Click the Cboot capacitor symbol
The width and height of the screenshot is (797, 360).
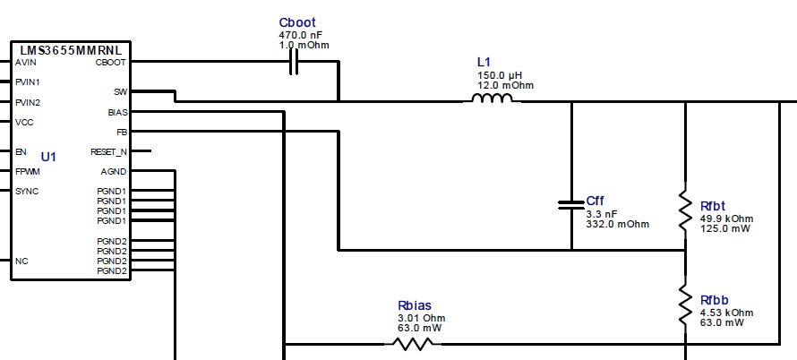(x=294, y=62)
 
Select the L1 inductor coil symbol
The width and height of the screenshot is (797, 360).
(x=489, y=99)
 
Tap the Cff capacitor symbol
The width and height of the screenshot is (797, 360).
(x=570, y=205)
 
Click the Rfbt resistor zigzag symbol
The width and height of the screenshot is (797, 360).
(x=685, y=205)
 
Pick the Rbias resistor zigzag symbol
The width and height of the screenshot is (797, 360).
(x=413, y=344)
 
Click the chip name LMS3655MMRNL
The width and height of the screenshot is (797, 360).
(x=70, y=50)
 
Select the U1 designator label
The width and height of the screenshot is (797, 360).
(x=48, y=157)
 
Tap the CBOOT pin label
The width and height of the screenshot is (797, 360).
(x=110, y=63)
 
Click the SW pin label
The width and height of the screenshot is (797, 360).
(x=120, y=91)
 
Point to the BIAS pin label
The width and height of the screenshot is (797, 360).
(x=116, y=113)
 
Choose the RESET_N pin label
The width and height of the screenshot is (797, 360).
(x=108, y=152)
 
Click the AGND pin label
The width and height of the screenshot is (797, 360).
(x=113, y=171)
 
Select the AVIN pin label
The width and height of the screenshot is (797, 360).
(x=26, y=63)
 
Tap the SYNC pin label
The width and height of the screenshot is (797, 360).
(x=26, y=192)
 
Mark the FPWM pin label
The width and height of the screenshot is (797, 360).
(x=28, y=171)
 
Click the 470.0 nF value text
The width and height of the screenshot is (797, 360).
(x=300, y=35)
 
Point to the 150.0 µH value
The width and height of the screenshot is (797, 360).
(x=497, y=75)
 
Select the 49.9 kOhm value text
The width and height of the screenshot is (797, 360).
(x=726, y=219)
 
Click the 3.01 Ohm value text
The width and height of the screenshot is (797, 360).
(x=421, y=318)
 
